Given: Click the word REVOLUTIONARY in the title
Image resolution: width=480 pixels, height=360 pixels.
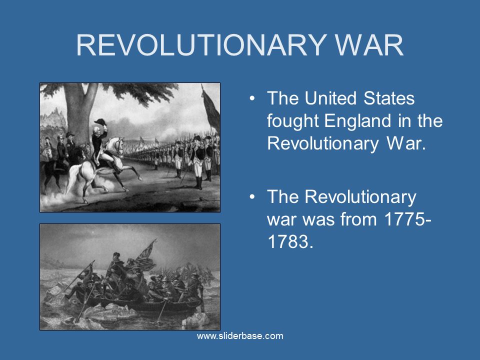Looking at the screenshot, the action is pos(201,45).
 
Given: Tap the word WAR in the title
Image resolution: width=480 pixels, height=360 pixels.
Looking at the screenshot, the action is pos(369,45).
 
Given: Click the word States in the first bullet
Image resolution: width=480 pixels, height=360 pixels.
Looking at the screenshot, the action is pos(389,98).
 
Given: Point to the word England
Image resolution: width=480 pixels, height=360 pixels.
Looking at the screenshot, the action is pos(357,121).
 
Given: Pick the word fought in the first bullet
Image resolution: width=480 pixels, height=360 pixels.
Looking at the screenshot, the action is pos(292,121).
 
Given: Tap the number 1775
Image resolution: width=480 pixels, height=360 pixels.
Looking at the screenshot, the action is pos(404,219).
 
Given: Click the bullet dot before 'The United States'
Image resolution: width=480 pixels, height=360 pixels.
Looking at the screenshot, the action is pos(252,98).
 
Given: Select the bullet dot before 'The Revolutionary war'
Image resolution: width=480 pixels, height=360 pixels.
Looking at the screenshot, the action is pos(252,197).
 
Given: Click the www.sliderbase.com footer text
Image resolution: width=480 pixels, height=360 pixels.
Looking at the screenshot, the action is pos(240,336).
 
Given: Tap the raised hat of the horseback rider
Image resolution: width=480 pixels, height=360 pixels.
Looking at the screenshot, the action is pos(100,122).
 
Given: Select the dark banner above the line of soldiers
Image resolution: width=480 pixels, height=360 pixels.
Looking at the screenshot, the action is pos(211,108).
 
